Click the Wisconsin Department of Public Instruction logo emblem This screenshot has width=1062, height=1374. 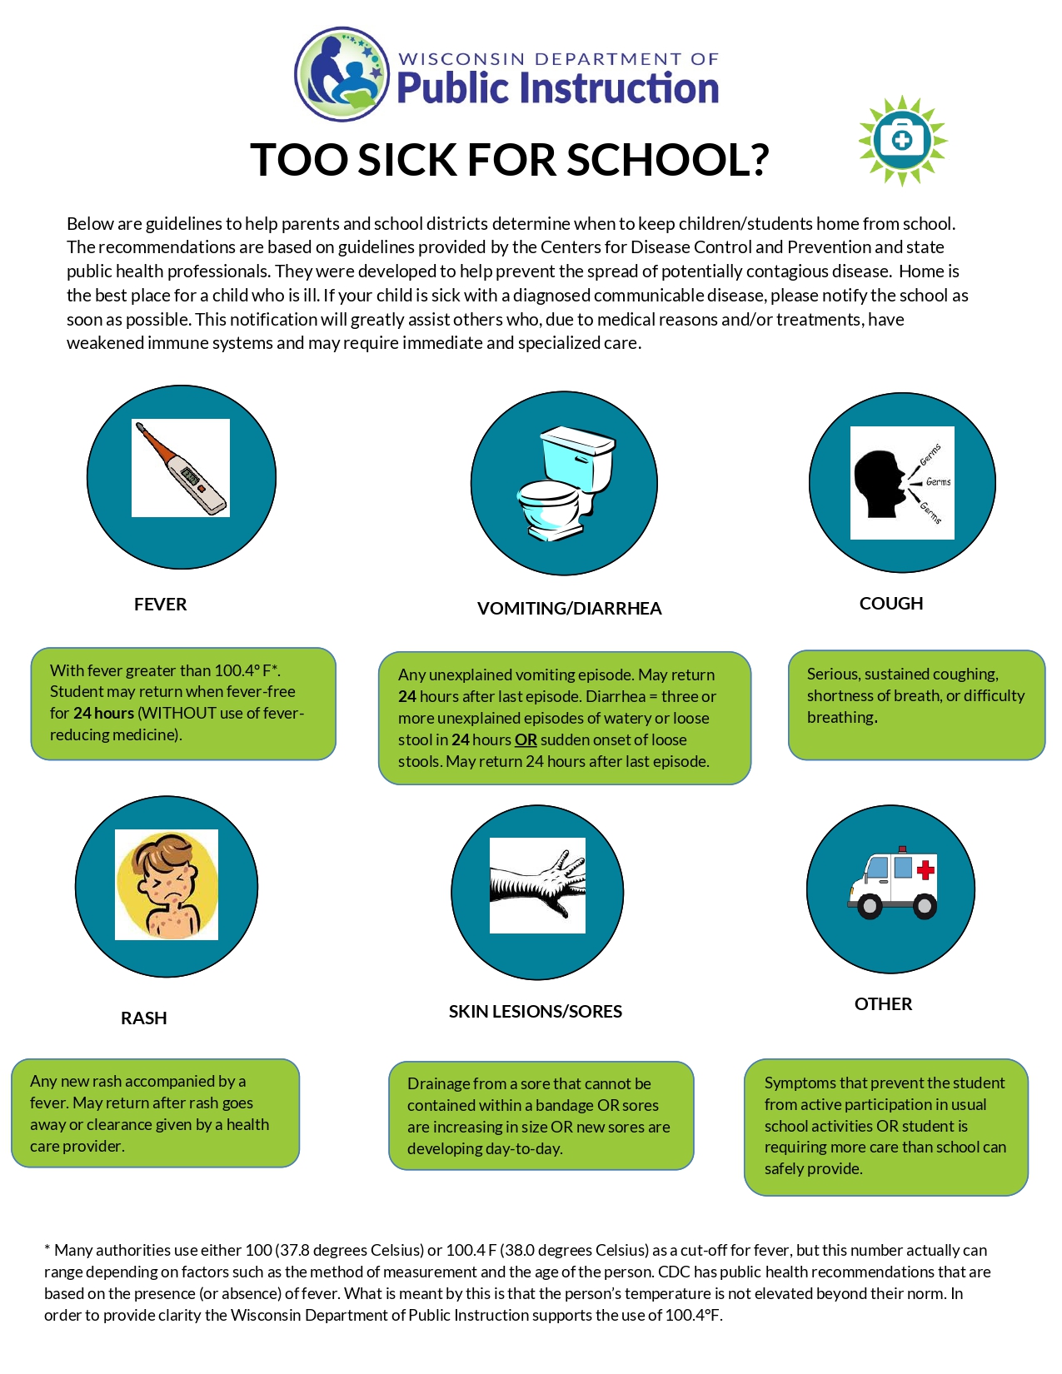342,74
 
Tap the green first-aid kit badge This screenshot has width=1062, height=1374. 902,140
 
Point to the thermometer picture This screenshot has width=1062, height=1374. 181,468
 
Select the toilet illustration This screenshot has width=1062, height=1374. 564,481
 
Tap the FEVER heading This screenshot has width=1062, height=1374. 161,605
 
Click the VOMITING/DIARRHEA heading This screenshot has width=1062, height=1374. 569,609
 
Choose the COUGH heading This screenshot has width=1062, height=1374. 891,604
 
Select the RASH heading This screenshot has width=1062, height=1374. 144,1018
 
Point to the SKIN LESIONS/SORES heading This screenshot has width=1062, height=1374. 536,1012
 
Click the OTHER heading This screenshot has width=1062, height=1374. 884,1004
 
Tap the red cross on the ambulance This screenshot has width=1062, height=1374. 925,871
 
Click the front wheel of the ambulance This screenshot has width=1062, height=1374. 870,905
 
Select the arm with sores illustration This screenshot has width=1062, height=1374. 537,884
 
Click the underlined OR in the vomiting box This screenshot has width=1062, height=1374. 526,739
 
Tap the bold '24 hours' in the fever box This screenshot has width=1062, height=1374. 103,714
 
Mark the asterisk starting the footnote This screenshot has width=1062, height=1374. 47,1249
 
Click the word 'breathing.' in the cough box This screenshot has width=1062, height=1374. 842,717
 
